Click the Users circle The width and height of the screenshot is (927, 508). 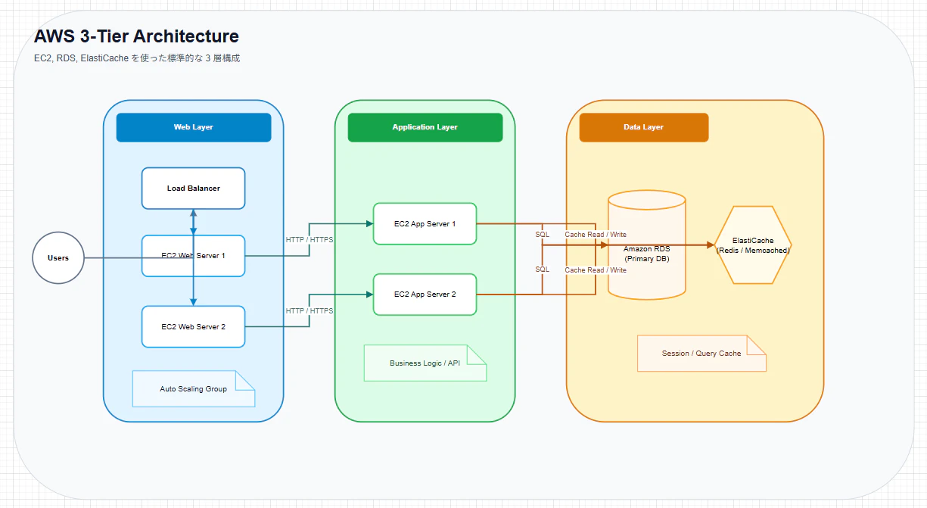[58, 258]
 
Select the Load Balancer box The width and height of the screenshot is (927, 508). [193, 189]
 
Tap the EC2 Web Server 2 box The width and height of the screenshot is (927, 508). [193, 326]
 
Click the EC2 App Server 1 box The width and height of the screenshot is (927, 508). [425, 224]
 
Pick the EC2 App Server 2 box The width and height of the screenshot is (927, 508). [425, 295]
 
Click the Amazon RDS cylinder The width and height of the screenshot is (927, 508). [647, 245]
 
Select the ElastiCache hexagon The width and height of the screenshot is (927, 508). [753, 245]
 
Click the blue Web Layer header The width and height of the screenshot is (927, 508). [194, 127]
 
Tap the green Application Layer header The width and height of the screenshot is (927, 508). [425, 127]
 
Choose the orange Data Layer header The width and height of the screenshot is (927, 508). [644, 127]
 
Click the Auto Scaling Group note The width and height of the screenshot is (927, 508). [194, 389]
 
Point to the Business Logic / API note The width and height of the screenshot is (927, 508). [425, 363]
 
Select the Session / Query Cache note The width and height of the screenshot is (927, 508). [702, 354]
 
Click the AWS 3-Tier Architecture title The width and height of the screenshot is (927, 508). [136, 36]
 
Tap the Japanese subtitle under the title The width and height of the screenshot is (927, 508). [137, 58]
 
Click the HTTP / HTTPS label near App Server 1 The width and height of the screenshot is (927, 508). [310, 240]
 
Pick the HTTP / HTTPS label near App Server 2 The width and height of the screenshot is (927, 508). [310, 311]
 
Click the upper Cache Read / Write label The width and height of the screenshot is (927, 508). [596, 235]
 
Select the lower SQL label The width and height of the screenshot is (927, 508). [542, 270]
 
